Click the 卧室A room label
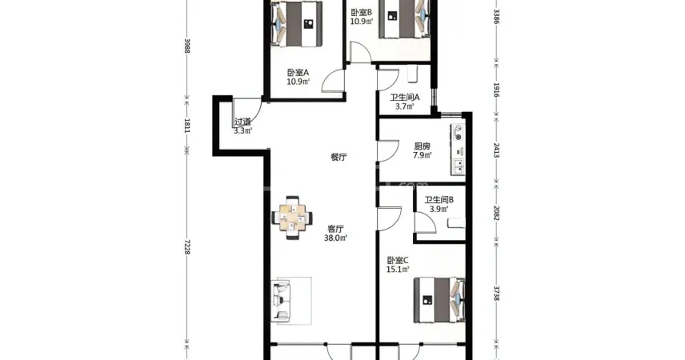298,73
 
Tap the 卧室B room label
361,13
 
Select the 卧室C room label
398,260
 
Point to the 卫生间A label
405,98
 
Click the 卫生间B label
439,200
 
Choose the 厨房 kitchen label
423,146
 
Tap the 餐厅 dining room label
339,158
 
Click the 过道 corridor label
243,122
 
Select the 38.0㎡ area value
335,238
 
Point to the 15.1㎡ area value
398,270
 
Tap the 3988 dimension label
187,46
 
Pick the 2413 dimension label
496,150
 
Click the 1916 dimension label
496,90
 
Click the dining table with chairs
293,218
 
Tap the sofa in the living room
280,301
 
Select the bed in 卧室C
439,300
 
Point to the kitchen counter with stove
459,150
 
